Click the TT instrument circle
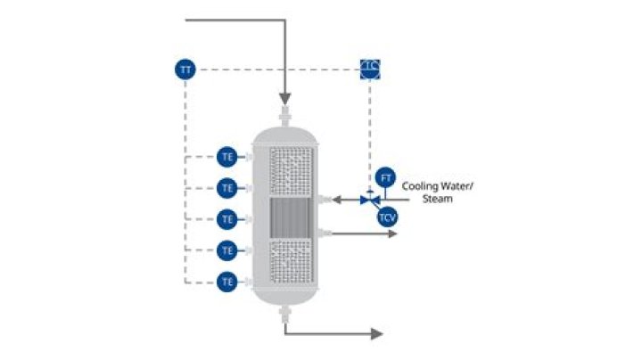(x=185, y=69)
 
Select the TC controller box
(x=370, y=69)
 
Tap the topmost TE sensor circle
(x=227, y=156)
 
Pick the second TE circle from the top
(x=227, y=187)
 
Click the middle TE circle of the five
(x=227, y=218)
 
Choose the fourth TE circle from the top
(x=227, y=250)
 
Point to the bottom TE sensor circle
(x=227, y=282)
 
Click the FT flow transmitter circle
(x=386, y=177)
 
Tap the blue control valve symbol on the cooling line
(x=368, y=200)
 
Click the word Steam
(x=437, y=199)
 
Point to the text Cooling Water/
(x=438, y=186)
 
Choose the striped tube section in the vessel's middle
(x=291, y=217)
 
